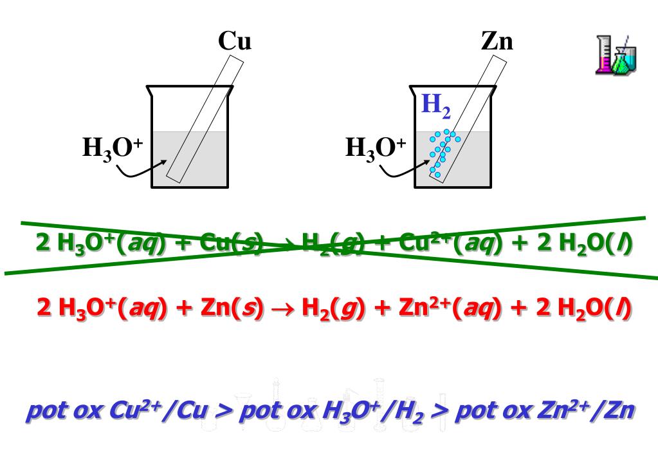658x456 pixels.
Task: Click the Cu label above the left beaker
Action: click(x=234, y=42)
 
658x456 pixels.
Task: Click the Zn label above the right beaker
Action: click(x=497, y=42)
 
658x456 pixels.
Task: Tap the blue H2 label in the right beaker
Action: click(x=435, y=106)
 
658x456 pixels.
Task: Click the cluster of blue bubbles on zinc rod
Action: click(x=442, y=152)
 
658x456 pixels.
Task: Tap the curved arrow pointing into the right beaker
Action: click(x=402, y=169)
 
